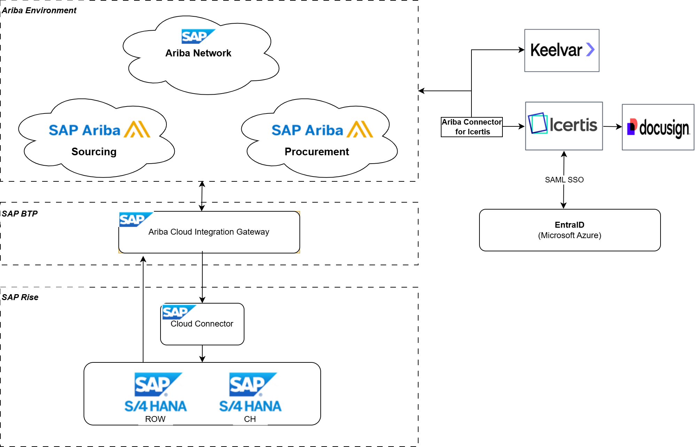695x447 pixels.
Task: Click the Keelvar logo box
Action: (562, 50)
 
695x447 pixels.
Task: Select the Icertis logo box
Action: (564, 126)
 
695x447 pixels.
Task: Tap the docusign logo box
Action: (658, 127)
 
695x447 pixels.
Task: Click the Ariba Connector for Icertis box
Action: (471, 127)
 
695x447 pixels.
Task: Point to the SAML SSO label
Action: (564, 180)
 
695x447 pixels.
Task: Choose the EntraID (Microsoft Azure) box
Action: (570, 230)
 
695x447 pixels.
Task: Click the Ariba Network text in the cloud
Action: (198, 53)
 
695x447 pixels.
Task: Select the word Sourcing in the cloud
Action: (94, 152)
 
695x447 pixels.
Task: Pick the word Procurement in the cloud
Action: (317, 152)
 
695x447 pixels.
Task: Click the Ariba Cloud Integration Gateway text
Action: (209, 232)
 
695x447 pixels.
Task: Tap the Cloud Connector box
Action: (202, 324)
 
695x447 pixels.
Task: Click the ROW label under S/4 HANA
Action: (155, 419)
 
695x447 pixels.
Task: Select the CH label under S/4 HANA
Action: (250, 419)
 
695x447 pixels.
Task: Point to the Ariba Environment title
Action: (39, 10)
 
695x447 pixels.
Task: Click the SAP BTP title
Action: (20, 214)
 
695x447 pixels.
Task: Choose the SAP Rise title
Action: (20, 297)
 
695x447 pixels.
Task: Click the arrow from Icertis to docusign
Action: (612, 127)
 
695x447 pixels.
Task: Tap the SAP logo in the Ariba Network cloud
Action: (198, 36)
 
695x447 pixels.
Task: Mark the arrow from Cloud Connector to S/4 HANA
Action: (202, 354)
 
